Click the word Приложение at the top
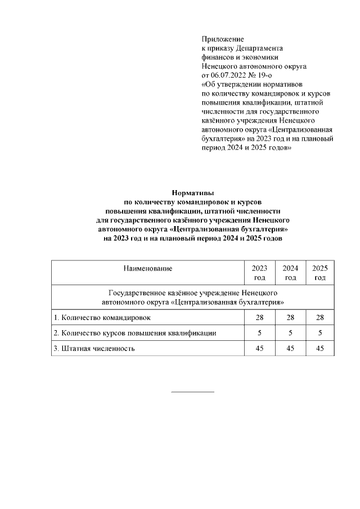click(223, 39)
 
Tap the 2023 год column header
click(259, 273)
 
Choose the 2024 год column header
click(290, 273)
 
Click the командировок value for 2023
click(259, 318)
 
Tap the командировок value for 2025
click(320, 318)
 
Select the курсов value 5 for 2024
click(290, 333)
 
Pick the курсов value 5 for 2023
click(259, 333)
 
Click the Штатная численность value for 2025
click(320, 348)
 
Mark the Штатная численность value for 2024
click(290, 348)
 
